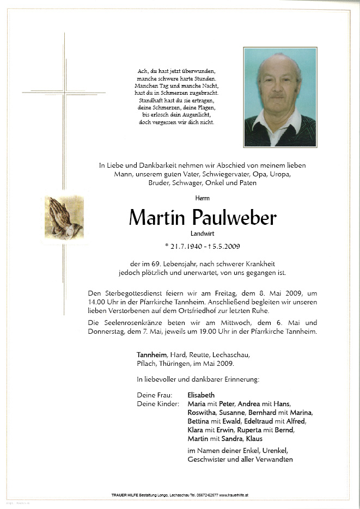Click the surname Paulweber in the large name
(x=234, y=218)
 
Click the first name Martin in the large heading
(x=158, y=218)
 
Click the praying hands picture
(x=64, y=216)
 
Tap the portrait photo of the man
(x=280, y=97)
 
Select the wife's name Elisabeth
(x=201, y=395)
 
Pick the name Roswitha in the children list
(x=203, y=412)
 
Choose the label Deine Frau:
(x=155, y=395)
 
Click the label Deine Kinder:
(x=158, y=403)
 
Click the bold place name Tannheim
(x=152, y=354)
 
